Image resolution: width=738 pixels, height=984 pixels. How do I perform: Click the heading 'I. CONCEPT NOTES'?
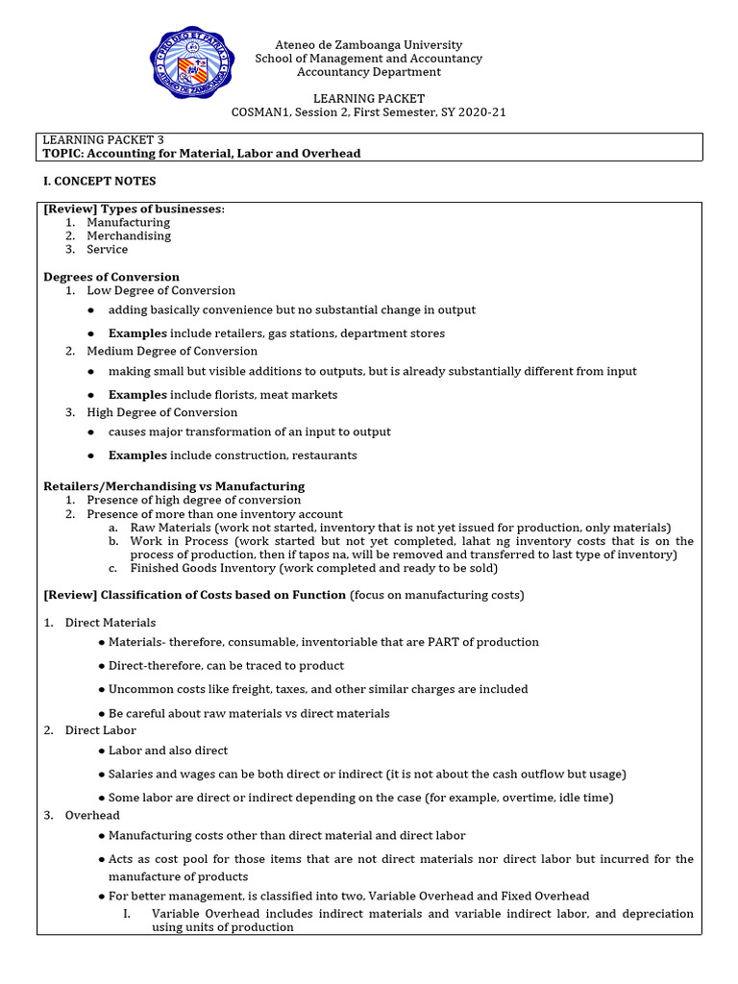[100, 181]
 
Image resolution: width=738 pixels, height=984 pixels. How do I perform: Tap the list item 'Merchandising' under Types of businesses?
[129, 235]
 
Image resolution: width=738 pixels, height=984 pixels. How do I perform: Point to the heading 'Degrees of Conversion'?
[111, 277]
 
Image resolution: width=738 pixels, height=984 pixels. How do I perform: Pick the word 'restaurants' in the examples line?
[326, 455]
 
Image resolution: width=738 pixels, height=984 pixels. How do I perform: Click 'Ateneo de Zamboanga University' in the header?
[369, 45]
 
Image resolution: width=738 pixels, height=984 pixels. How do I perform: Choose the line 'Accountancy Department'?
[369, 72]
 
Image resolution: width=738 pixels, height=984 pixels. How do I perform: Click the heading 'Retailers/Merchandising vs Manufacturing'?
[174, 486]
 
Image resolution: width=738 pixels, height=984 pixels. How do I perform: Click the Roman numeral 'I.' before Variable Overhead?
[127, 914]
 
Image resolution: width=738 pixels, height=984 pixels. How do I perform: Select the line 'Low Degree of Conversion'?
[160, 290]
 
